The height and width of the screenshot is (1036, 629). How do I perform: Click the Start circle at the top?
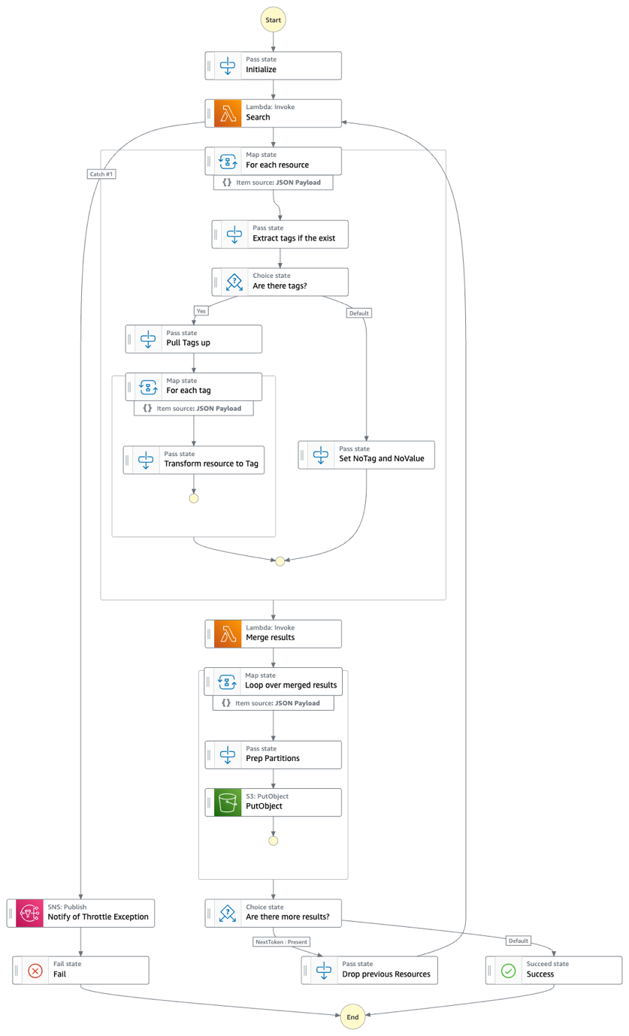(x=273, y=20)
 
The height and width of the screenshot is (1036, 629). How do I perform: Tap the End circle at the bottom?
(x=352, y=1016)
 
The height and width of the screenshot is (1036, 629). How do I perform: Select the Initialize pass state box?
(x=274, y=65)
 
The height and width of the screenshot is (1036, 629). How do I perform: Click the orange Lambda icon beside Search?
(x=227, y=113)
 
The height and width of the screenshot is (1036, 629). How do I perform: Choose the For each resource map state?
(x=274, y=161)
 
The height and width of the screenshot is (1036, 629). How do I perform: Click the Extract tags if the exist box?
(x=280, y=234)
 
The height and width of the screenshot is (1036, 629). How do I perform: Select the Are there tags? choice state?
(x=280, y=282)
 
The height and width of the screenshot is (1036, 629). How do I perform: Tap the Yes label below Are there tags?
(x=201, y=310)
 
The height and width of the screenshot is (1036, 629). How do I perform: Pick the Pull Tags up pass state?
(x=194, y=339)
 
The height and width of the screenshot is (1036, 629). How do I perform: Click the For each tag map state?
(x=194, y=387)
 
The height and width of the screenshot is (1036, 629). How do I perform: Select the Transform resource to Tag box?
(x=194, y=460)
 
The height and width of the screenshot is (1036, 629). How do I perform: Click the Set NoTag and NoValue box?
(x=367, y=455)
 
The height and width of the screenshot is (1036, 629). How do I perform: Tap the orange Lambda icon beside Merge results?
(x=227, y=633)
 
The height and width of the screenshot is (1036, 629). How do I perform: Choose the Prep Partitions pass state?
(x=274, y=754)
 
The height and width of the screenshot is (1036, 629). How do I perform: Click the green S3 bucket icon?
(x=227, y=802)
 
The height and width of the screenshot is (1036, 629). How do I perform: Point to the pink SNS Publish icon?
(x=30, y=913)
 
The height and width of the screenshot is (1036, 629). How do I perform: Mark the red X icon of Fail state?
(x=35, y=970)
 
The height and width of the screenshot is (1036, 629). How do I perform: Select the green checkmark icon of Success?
(x=509, y=970)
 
